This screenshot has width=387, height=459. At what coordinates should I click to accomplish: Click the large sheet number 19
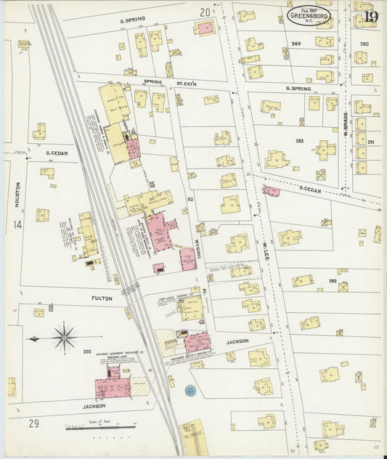[370, 16]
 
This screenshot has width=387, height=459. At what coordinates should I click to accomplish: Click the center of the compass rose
[65, 338]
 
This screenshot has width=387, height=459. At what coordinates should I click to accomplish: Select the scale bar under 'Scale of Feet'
[100, 428]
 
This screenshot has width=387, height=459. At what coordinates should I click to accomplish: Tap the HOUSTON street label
[16, 195]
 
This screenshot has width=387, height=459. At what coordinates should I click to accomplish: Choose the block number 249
[296, 44]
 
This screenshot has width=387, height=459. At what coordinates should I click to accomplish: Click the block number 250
[364, 44]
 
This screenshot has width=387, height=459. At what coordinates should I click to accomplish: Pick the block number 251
[371, 142]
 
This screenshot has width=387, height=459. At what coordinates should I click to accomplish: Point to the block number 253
[333, 281]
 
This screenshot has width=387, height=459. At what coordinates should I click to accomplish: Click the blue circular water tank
[190, 390]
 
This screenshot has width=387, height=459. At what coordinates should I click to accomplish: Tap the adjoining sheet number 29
[33, 423]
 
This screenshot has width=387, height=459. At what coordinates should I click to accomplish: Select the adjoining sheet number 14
[17, 225]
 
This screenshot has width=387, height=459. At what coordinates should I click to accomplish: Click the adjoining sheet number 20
[205, 12]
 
